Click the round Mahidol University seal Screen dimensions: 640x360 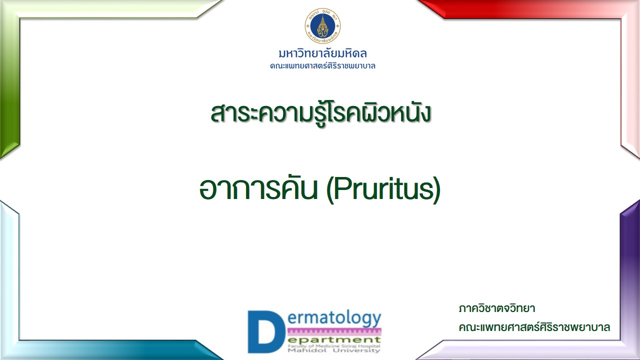pyautogui.click(x=322, y=26)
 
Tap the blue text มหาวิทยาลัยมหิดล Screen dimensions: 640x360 pyautogui.click(x=322, y=53)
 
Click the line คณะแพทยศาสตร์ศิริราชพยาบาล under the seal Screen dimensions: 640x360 pyautogui.click(x=322, y=66)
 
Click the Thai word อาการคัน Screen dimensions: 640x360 pyautogui.click(x=258, y=189)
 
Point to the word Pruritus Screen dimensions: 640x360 pyautogui.click(x=383, y=188)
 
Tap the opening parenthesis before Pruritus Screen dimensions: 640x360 pyautogui.click(x=329, y=189)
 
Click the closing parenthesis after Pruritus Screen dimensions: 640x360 pyautogui.click(x=437, y=189)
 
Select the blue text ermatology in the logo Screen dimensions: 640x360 pyautogui.click(x=334, y=319)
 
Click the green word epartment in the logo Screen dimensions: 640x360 pyautogui.click(x=334, y=340)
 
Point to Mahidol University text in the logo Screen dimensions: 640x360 pyautogui.click(x=334, y=350)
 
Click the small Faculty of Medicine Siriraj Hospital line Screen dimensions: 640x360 pyautogui.click(x=334, y=346)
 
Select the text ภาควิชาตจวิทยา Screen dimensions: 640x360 pyautogui.click(x=497, y=308)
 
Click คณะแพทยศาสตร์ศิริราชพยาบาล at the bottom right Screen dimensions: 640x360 pyautogui.click(x=534, y=327)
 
